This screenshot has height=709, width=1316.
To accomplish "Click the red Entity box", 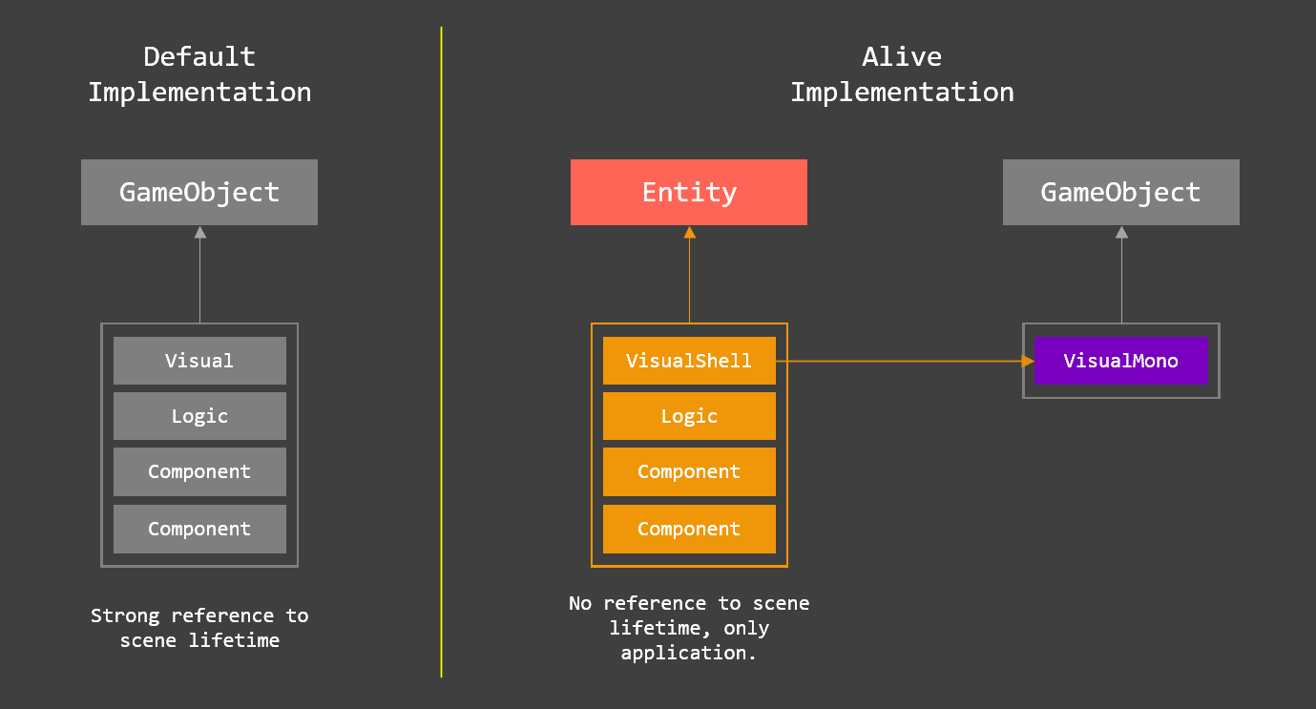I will tap(688, 192).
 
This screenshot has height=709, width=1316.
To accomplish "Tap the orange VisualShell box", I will tap(688, 361).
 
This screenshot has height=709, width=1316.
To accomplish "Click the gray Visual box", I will tap(199, 361).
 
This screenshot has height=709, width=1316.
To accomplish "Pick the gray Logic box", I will tap(199, 416).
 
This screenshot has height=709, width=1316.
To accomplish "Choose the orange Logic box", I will tap(688, 416).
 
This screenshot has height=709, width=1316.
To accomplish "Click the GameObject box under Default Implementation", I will tap(198, 192).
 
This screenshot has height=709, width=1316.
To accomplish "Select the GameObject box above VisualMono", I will tap(1120, 192).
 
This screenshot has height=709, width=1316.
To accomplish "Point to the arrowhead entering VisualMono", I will tap(1028, 361).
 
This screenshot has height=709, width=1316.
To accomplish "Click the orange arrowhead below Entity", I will tap(689, 232).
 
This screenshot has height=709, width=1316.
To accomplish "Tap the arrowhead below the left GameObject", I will tap(199, 232).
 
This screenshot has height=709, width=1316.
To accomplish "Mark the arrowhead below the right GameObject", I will tap(1121, 232).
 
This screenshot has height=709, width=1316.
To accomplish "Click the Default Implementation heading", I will tap(199, 74).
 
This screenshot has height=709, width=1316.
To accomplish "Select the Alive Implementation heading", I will tap(902, 74).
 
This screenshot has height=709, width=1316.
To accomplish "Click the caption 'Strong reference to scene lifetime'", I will tap(199, 628).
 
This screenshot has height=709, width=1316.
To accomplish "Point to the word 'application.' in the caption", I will tap(688, 653).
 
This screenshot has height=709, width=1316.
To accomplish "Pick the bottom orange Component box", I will tap(688, 529).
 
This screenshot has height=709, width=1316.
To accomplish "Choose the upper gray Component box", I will tap(199, 471).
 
